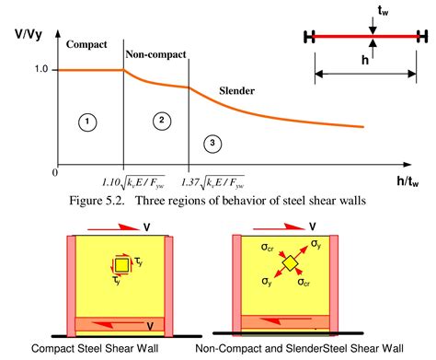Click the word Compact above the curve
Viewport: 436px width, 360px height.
(x=90, y=43)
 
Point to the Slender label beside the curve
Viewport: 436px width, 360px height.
(x=237, y=91)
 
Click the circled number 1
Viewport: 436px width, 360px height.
(x=86, y=121)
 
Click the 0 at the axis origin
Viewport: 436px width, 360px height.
(x=54, y=171)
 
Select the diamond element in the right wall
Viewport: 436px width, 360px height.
(x=292, y=264)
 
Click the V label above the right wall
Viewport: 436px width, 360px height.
(x=313, y=225)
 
